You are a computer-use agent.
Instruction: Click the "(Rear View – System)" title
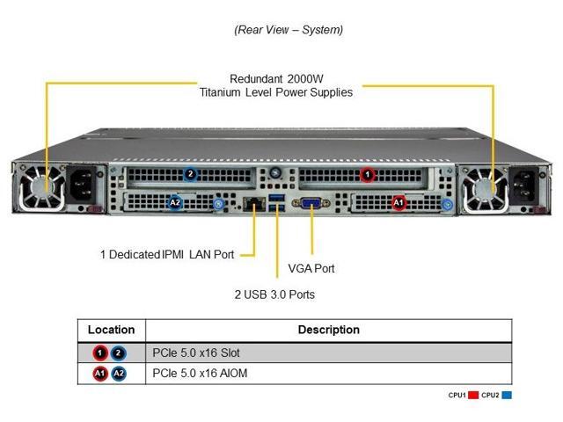(x=289, y=30)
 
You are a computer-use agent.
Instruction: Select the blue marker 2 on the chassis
(x=189, y=174)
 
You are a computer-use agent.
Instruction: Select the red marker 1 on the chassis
(x=367, y=174)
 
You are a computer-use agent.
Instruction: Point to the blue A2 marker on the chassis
(x=174, y=203)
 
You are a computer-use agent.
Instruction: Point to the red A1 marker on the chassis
(x=398, y=203)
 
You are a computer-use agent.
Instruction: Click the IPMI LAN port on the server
(x=254, y=205)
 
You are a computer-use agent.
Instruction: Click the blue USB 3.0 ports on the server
(x=278, y=205)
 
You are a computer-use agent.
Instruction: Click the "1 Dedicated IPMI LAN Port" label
(x=167, y=255)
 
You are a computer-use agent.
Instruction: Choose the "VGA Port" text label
(x=311, y=268)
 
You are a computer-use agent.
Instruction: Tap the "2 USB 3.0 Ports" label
(x=274, y=295)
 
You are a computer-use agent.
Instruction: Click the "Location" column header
(x=111, y=330)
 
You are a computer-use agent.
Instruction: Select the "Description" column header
(x=328, y=330)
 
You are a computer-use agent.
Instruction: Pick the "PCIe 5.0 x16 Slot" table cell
(x=196, y=353)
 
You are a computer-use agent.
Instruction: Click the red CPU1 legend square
(x=473, y=396)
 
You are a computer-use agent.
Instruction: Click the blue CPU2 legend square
(x=507, y=396)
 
